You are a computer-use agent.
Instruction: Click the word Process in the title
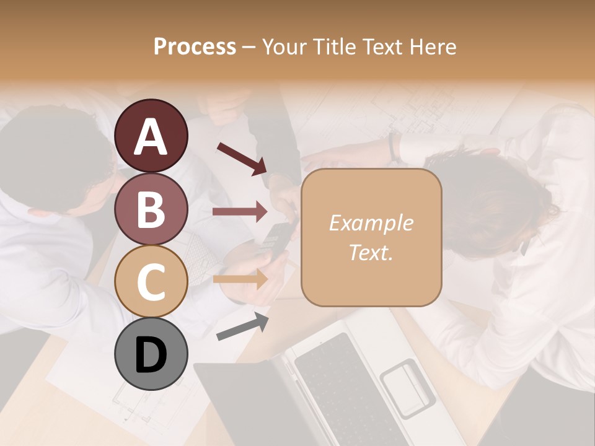195,47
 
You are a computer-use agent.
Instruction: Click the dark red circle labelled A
151,136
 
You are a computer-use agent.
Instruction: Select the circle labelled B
151,209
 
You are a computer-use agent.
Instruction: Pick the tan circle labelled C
151,281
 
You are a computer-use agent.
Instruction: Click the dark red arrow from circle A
242,158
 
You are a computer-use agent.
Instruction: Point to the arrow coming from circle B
240,212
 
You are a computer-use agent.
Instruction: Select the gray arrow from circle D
242,326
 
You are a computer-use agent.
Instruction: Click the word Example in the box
371,223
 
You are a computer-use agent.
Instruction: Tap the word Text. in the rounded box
371,253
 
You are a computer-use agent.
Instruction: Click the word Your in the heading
283,47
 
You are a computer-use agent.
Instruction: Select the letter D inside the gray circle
151,355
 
